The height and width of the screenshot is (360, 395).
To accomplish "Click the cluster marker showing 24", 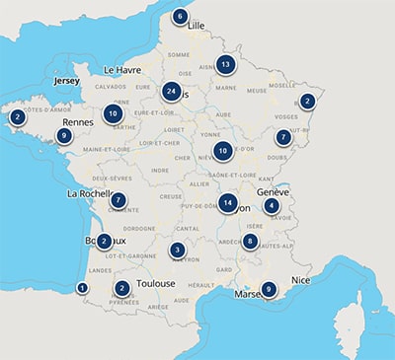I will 172,93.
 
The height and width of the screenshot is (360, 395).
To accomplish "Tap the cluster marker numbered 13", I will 226,65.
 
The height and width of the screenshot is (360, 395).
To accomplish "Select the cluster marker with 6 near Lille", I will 180,17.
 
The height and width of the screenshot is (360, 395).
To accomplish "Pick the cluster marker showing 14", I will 229,203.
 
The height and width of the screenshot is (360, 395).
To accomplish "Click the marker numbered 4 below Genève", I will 272,206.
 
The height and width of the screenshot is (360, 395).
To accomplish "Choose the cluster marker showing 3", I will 177,251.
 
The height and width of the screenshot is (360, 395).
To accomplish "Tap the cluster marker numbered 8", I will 251,241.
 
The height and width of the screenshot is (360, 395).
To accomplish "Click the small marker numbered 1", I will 82,288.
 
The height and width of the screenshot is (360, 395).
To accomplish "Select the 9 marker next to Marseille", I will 268,288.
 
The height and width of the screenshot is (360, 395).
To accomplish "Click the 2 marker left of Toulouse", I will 121,288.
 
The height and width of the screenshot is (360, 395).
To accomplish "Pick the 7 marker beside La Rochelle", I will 118,200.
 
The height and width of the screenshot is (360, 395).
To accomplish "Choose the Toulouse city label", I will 157,284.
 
